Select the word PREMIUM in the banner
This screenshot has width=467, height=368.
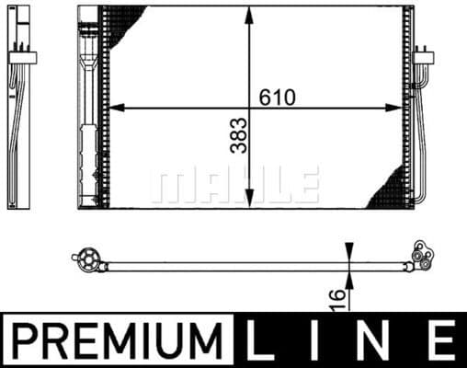pos(120,341)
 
